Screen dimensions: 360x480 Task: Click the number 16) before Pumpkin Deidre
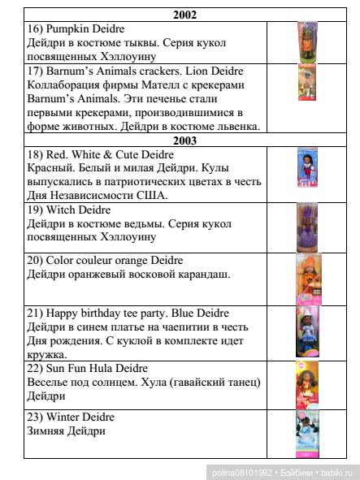coord(36,29)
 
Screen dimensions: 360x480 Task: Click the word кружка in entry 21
coord(47,354)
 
